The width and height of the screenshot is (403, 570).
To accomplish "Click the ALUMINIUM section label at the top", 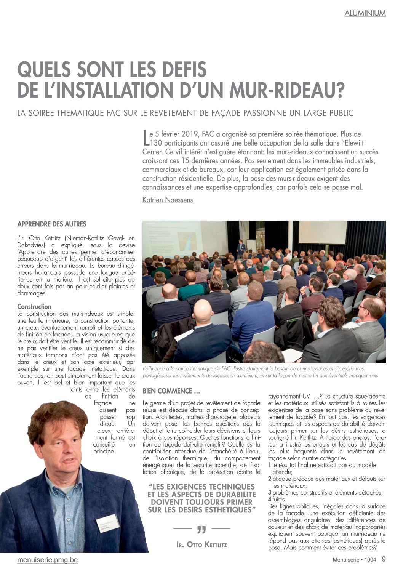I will (x=365, y=13).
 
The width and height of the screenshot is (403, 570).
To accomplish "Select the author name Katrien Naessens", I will (x=168, y=200).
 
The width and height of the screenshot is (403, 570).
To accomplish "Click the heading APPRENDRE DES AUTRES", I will (x=52, y=224).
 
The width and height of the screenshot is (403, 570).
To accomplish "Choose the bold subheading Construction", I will (x=34, y=307).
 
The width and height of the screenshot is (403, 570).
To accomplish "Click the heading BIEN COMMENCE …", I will (x=171, y=391).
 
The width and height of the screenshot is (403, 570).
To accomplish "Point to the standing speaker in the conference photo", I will (x=240, y=248).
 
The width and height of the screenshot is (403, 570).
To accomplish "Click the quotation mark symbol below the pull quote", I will (x=201, y=530).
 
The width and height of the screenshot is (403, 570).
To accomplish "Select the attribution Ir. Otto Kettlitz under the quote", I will (x=201, y=544).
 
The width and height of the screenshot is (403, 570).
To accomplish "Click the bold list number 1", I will (x=270, y=465).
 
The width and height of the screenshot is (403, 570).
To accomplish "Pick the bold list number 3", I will (x=270, y=492).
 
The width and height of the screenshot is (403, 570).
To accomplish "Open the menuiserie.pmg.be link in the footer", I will (x=48, y=560).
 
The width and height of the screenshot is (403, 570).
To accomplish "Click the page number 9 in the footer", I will (x=384, y=559).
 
